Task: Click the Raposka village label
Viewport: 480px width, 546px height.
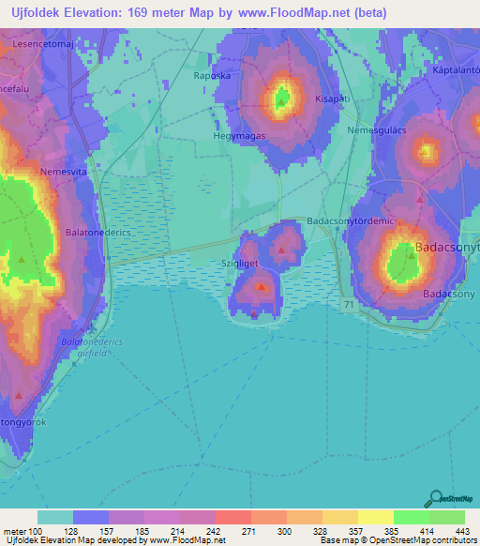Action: tap(211, 76)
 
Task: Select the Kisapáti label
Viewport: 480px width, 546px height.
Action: tap(333, 97)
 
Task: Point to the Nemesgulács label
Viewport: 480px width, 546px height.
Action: tap(376, 129)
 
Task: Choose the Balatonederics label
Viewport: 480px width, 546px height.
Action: tap(97, 230)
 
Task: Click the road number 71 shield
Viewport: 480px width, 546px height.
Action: tap(348, 305)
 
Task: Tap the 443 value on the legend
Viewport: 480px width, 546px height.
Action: tap(460, 531)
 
